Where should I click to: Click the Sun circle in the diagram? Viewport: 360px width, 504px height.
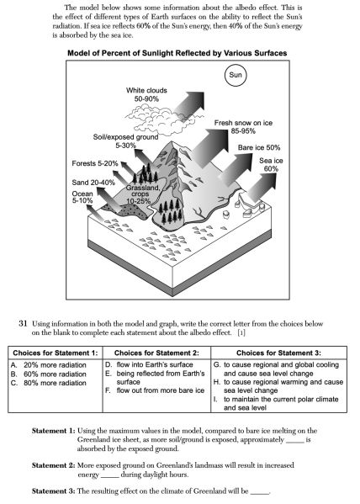point(236,75)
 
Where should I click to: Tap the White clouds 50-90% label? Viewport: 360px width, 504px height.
point(146,94)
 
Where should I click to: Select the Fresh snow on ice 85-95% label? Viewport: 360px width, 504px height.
point(243,127)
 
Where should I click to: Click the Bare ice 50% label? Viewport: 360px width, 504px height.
point(259,147)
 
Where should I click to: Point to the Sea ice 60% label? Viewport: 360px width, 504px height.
point(271,165)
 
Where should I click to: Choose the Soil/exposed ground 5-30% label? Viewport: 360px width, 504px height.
point(125,141)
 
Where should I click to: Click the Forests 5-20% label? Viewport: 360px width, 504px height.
point(95,163)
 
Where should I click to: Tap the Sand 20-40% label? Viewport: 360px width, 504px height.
point(93,183)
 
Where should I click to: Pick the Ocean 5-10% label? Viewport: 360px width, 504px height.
point(82,197)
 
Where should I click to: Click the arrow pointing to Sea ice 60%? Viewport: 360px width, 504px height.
point(260,188)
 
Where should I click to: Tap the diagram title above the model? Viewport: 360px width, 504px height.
point(177,53)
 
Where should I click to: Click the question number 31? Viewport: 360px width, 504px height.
point(23,323)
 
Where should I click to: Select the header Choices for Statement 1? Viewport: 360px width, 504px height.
point(56,353)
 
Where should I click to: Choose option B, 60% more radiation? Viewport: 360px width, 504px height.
point(49,374)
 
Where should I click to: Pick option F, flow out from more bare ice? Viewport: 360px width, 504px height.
point(155,390)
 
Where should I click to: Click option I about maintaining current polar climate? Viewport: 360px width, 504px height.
point(276,403)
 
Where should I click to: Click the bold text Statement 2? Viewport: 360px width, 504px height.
point(53,465)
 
